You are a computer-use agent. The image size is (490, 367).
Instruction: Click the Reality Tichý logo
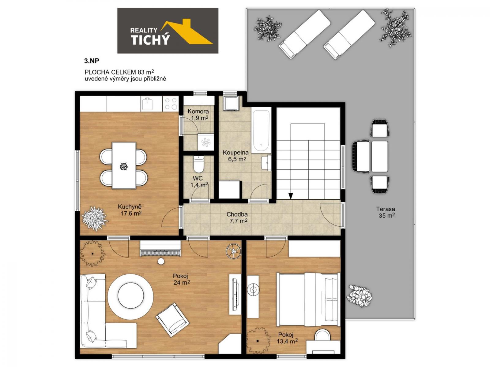[168, 31]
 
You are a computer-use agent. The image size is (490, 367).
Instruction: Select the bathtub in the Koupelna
[261, 130]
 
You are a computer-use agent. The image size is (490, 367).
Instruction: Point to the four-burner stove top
[171, 104]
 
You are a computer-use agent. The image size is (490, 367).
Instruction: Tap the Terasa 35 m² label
[386, 212]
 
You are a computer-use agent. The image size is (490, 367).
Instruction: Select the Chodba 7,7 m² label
[237, 217]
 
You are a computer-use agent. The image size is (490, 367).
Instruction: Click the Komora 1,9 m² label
[198, 114]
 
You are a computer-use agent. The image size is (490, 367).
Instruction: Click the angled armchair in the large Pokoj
[172, 320]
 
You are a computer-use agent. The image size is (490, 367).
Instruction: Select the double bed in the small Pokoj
[308, 300]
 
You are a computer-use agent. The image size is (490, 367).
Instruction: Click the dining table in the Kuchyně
[124, 165]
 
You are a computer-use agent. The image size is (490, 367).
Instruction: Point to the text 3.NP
[92, 61]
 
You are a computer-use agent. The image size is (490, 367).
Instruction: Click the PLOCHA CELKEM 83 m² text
[119, 72]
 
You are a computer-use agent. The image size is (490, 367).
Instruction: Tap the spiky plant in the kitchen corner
[94, 219]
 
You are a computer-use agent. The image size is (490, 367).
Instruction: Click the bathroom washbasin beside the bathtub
[266, 163]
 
